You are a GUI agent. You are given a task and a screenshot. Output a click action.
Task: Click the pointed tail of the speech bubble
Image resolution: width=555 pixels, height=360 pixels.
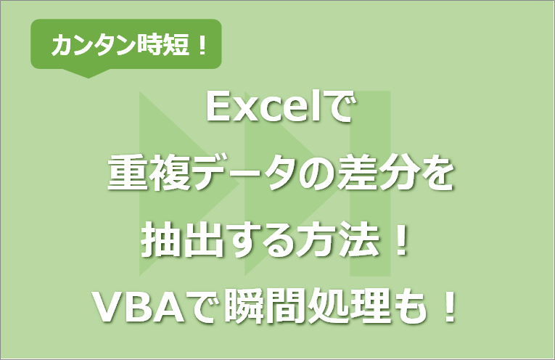click(x=86, y=73)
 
